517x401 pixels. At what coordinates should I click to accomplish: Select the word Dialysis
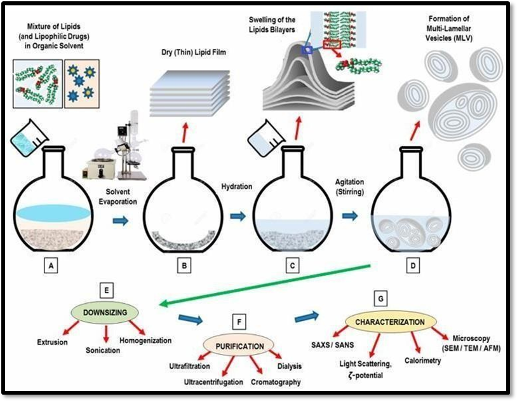point(289,366)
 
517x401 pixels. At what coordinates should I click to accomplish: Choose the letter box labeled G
point(380,297)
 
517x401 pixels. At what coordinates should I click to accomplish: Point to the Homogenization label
point(146,341)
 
